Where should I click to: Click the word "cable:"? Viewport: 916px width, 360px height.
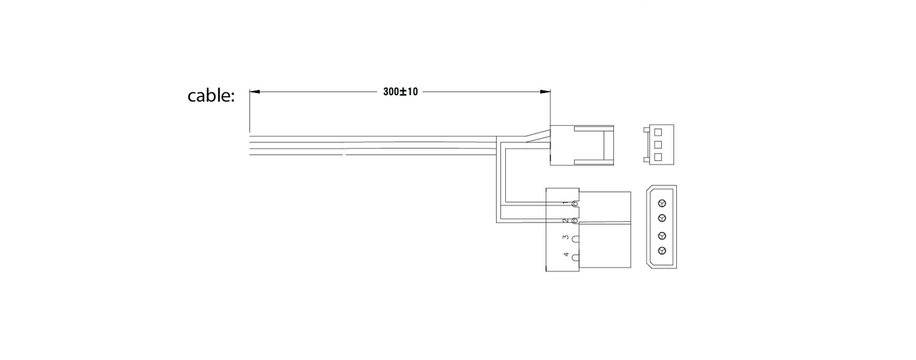point(211,96)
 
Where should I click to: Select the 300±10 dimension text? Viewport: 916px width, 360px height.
point(400,92)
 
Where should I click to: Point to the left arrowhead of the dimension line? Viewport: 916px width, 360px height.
point(254,92)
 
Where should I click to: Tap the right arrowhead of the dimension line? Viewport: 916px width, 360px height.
point(545,92)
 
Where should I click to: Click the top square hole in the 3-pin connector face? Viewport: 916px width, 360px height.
point(658,132)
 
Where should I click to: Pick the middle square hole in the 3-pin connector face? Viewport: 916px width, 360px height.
point(658,145)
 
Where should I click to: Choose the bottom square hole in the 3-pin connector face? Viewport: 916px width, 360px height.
point(658,157)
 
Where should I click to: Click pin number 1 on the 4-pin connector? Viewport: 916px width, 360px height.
point(565,203)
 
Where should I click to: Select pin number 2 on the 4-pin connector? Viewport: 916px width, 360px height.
point(565,221)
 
